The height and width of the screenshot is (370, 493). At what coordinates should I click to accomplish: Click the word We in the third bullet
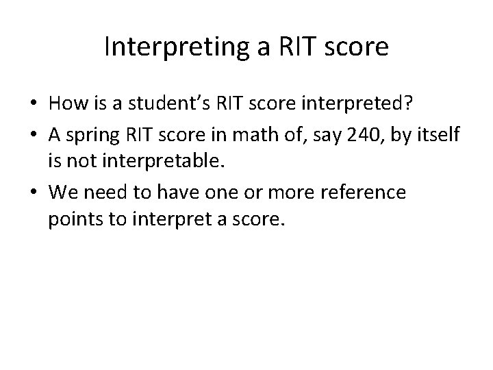[62, 193]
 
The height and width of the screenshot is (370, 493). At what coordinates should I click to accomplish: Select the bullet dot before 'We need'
[34, 193]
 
